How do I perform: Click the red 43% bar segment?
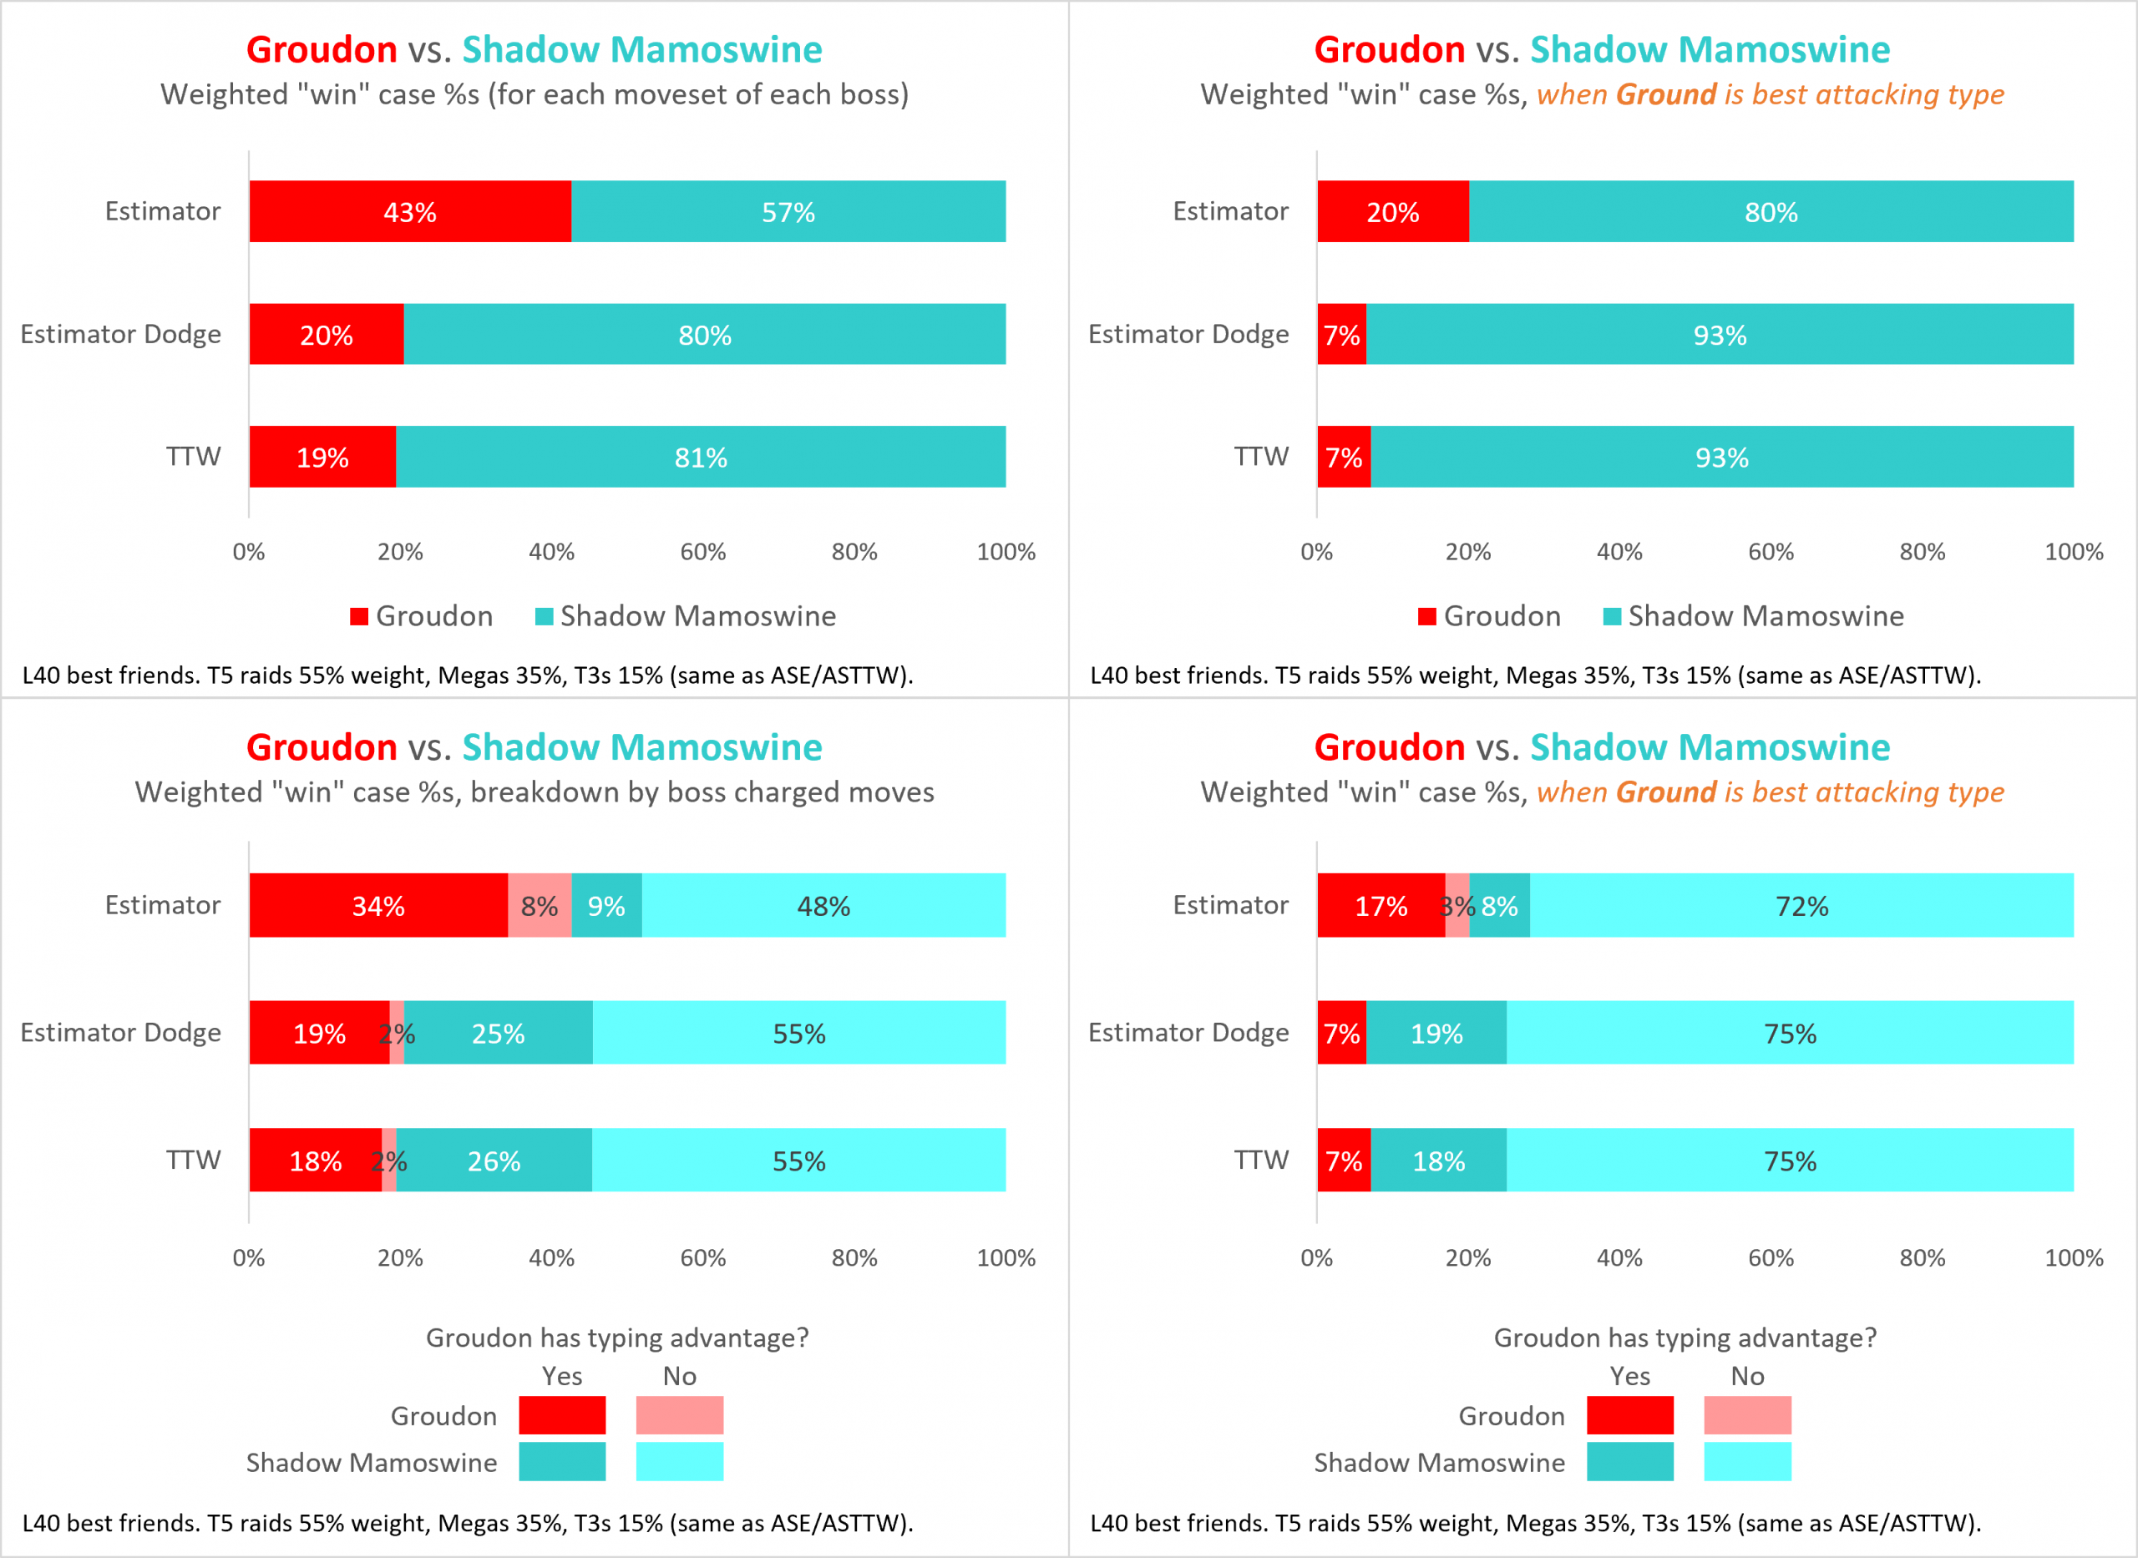point(409,211)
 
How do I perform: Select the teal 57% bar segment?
point(788,211)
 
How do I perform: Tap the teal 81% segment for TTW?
point(701,457)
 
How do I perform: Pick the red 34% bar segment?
point(378,905)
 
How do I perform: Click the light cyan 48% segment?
point(823,905)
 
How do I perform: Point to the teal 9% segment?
point(606,905)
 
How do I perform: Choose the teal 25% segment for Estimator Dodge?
point(498,1033)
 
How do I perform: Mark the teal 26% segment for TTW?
point(494,1160)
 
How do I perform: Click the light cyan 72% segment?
point(1801,905)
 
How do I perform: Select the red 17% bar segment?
point(1381,905)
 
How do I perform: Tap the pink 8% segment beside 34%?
point(540,905)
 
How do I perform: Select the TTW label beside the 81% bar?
point(193,457)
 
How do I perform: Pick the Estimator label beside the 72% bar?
point(1230,904)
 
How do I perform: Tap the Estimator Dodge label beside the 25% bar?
point(121,1032)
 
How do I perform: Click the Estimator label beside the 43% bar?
point(162,210)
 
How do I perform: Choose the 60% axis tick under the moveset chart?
point(702,552)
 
